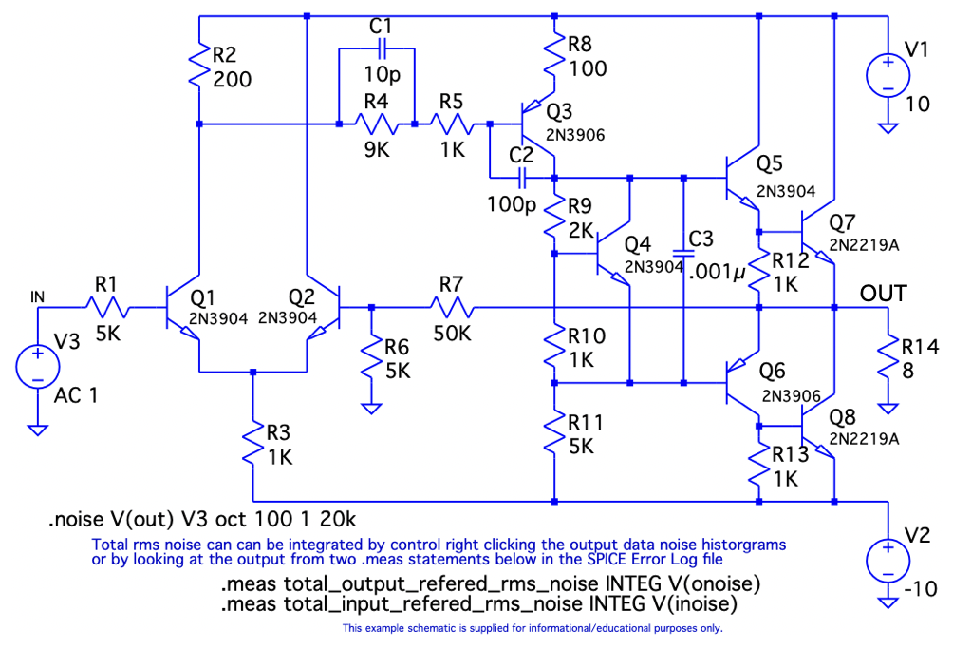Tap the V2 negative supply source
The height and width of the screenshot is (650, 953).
pos(888,560)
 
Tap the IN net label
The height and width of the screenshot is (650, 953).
pos(38,297)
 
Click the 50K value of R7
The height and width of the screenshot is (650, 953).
pos(452,334)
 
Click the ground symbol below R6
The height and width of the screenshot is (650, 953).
pos(371,406)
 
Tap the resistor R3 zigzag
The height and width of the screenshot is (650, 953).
pos(253,444)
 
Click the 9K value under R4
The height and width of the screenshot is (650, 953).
pos(376,149)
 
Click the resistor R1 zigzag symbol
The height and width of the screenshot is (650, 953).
pos(108,307)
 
